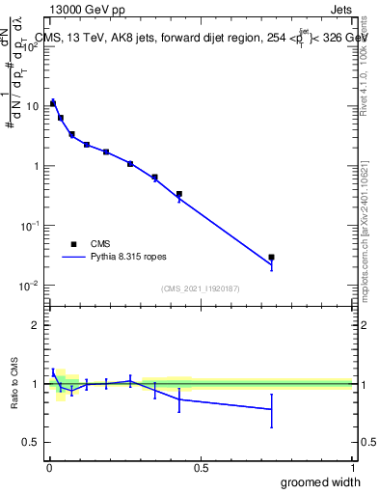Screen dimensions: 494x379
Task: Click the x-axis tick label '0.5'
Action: click(201, 468)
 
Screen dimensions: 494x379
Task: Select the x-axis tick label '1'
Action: click(352, 468)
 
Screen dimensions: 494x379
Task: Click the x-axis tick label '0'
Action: click(49, 468)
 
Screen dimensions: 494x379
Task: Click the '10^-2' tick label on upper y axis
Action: click(29, 285)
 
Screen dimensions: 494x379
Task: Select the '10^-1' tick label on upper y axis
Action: click(29, 225)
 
